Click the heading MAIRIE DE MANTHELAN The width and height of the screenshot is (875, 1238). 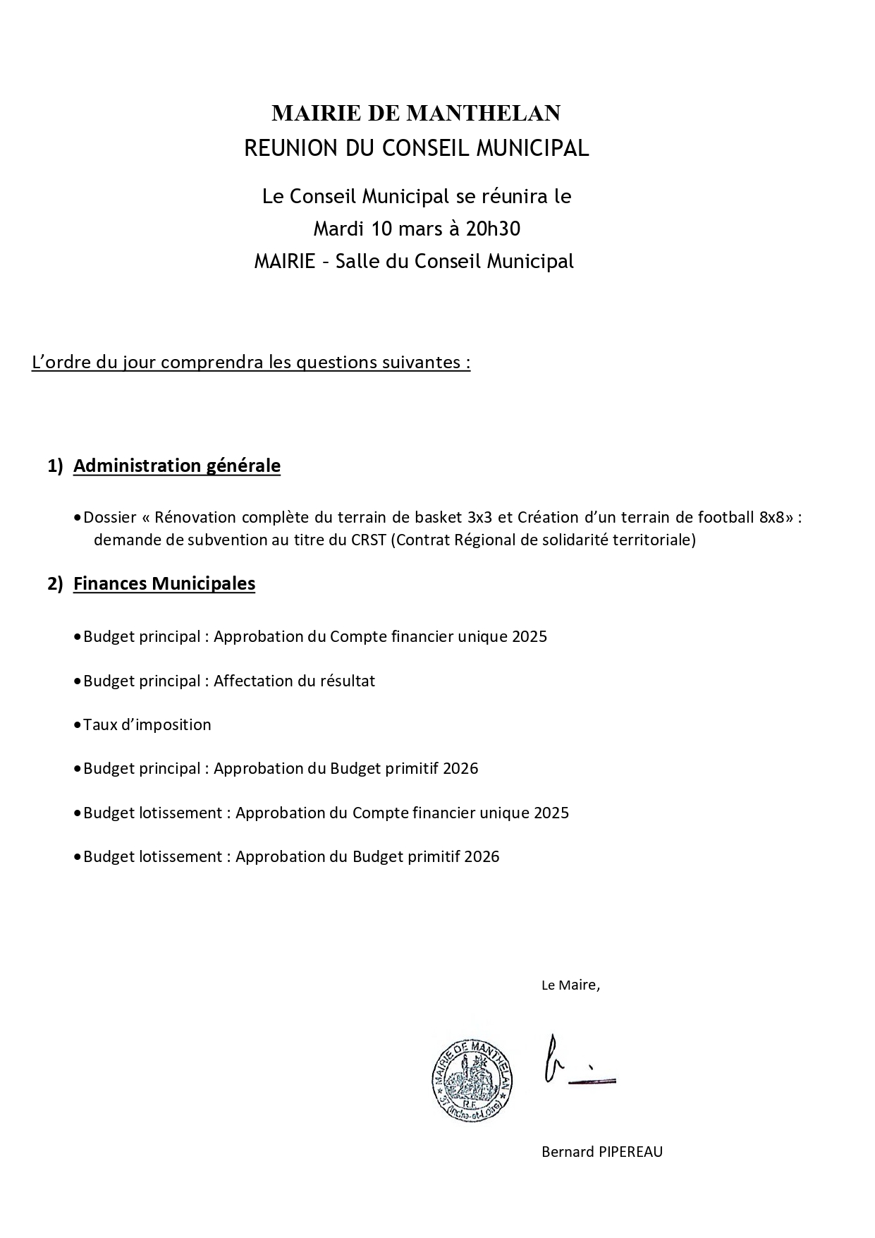pyautogui.click(x=416, y=113)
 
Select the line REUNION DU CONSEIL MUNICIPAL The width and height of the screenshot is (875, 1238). pyautogui.click(x=416, y=148)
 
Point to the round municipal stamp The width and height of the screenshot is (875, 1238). pyautogui.click(x=472, y=1080)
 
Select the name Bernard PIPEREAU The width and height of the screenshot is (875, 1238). pyautogui.click(x=601, y=1152)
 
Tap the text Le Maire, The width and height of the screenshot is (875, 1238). pyautogui.click(x=570, y=985)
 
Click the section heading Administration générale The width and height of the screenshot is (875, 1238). pyautogui.click(x=176, y=466)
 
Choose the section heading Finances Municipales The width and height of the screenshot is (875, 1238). pyautogui.click(x=164, y=583)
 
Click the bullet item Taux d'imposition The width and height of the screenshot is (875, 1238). pyautogui.click(x=147, y=724)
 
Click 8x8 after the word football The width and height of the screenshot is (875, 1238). pyautogui.click(x=771, y=517)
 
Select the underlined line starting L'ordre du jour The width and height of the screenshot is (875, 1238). pyautogui.click(x=250, y=363)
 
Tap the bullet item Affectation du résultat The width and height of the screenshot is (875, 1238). pyautogui.click(x=294, y=681)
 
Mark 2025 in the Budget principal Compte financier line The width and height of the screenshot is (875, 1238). pyautogui.click(x=530, y=636)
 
